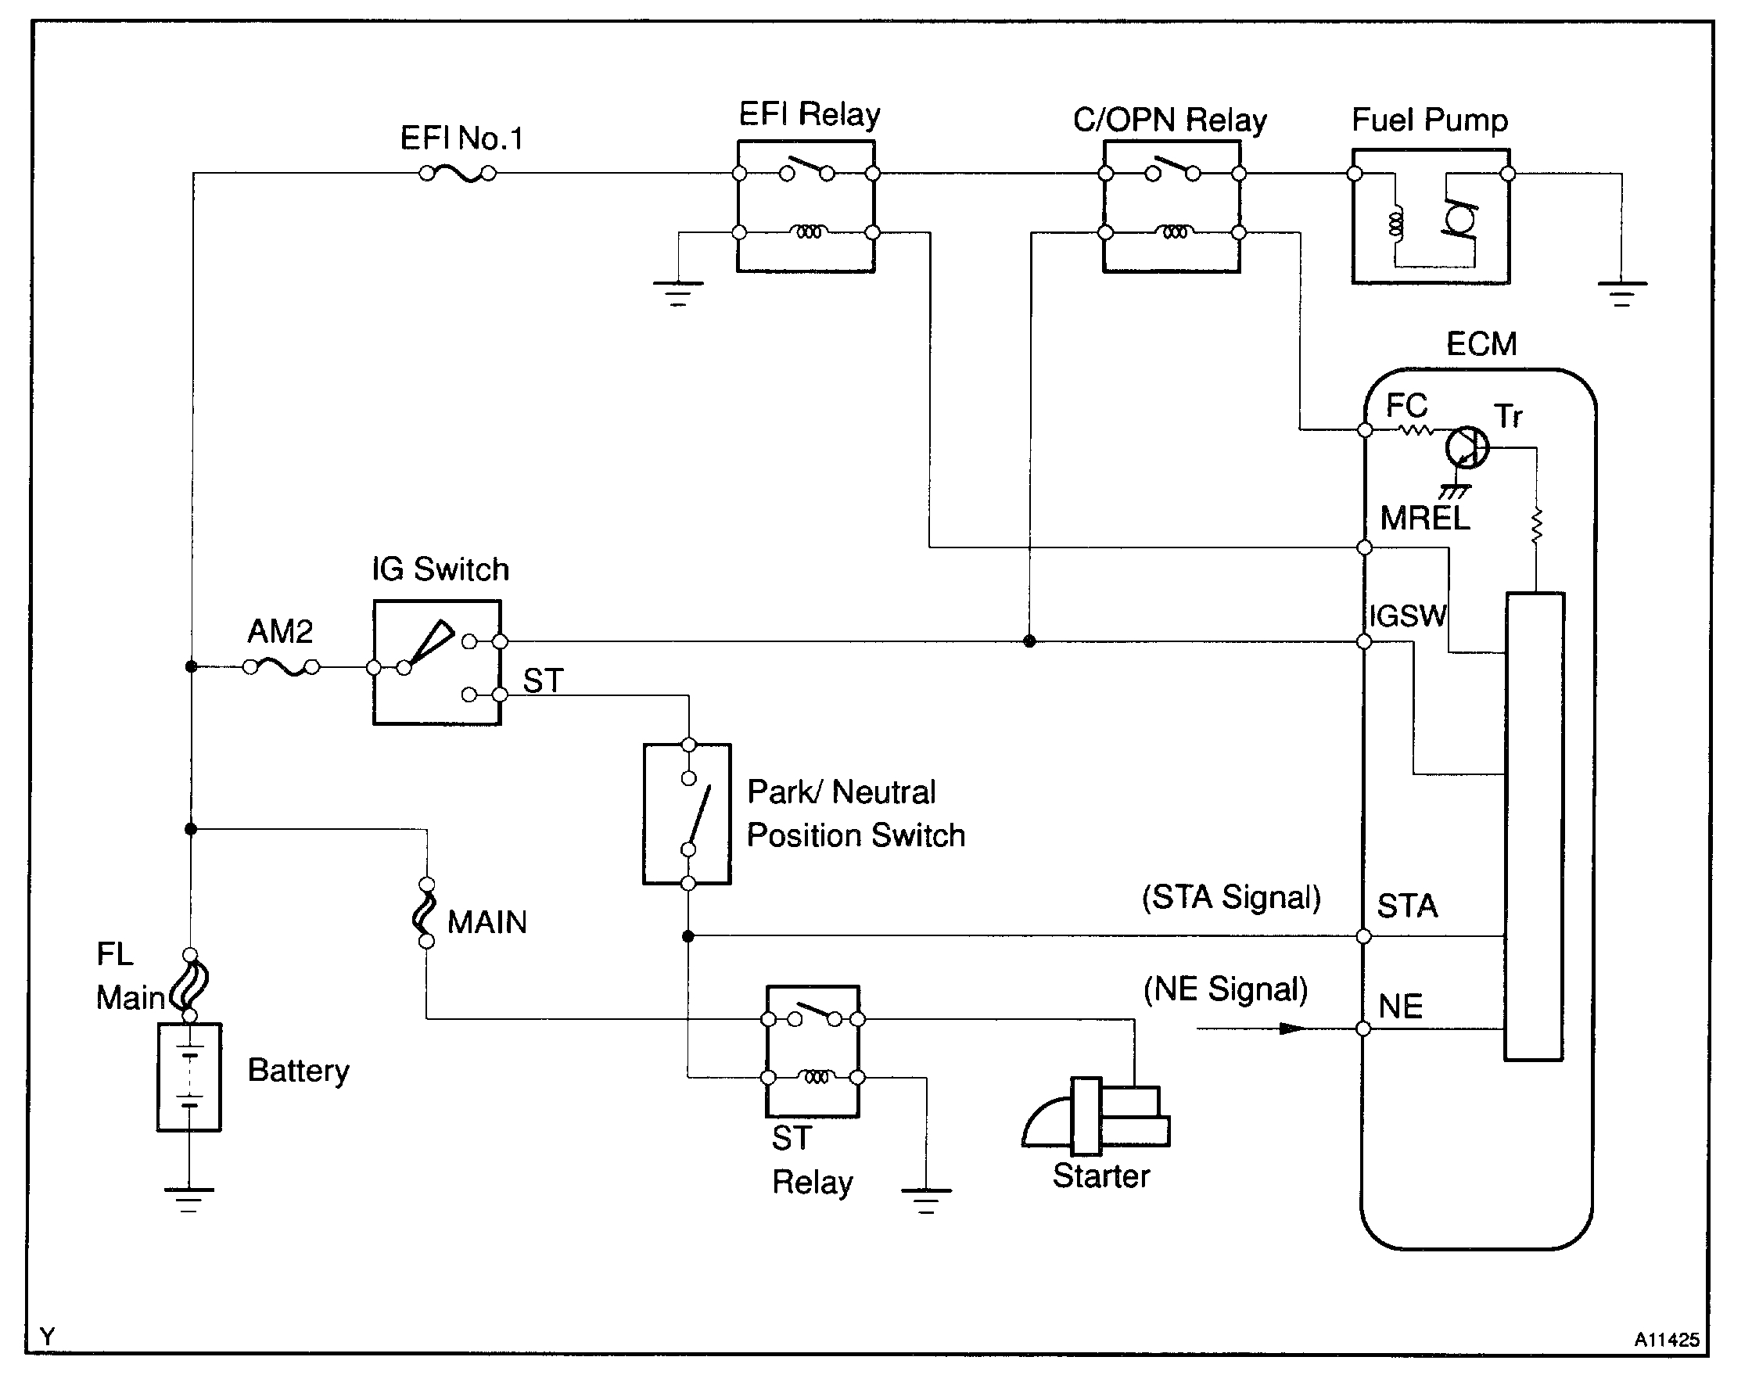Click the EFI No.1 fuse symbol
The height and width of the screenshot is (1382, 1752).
click(x=458, y=173)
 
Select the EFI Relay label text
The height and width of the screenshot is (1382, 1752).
click(x=810, y=115)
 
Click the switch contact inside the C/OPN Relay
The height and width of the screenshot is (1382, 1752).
click(x=1172, y=171)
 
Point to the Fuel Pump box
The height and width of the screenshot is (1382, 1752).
click(x=1431, y=217)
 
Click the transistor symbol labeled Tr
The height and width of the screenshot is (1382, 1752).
click(x=1467, y=447)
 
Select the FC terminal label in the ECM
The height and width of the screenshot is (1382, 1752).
click(x=1406, y=405)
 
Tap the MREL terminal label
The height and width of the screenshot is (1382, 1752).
click(x=1424, y=519)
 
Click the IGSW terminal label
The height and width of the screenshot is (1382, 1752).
click(x=1407, y=616)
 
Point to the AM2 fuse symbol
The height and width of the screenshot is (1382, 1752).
click(x=282, y=667)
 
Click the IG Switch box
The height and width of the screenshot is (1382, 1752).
click(x=437, y=662)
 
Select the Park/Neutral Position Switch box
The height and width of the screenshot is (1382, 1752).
click(x=687, y=814)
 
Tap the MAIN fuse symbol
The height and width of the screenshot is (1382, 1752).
click(x=425, y=913)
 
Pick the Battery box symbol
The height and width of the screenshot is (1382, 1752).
click(x=189, y=1077)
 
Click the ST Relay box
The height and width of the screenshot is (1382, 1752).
click(x=813, y=1051)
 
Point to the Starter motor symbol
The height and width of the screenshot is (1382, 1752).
click(x=1097, y=1117)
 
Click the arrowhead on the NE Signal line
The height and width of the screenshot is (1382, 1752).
click(x=1291, y=1029)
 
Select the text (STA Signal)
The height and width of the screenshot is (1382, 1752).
click(x=1231, y=898)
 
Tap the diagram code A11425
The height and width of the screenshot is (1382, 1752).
click(x=1666, y=1340)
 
